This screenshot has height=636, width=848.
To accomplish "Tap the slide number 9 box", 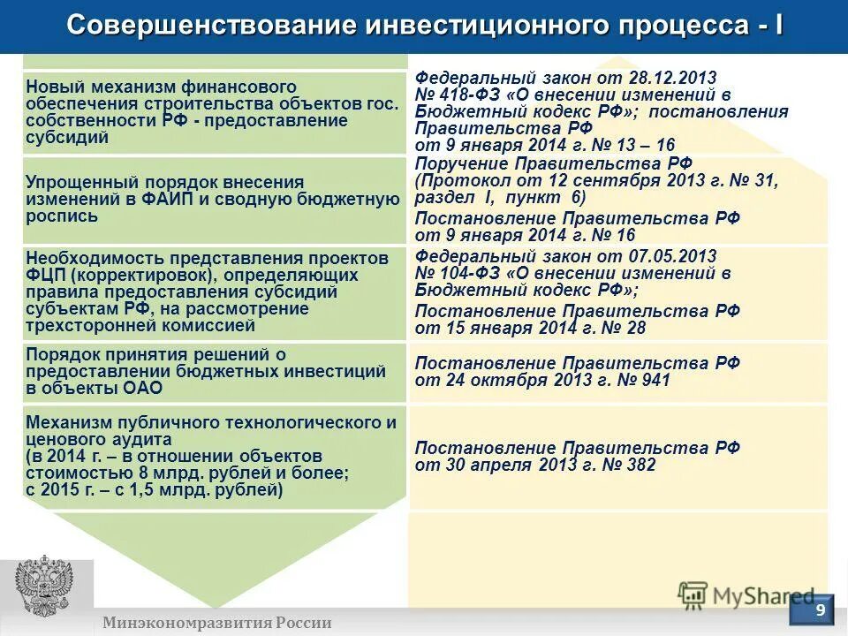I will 821,610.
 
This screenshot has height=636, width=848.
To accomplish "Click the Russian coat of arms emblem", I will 44,587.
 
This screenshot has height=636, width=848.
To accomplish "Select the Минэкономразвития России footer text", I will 216,623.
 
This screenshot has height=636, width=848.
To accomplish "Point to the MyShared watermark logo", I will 746,594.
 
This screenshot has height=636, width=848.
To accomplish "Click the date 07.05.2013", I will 674,256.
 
